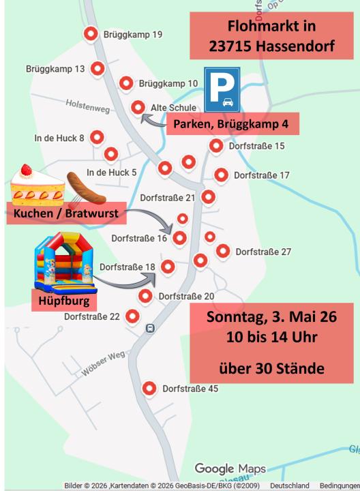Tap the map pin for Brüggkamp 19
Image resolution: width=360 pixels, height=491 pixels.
pyautogui.click(x=89, y=34)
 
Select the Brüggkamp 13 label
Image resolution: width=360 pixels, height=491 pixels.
pyautogui.click(x=55, y=69)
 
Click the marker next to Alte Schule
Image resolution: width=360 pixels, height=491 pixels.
pyautogui.click(x=138, y=107)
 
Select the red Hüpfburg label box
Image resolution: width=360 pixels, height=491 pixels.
pyautogui.click(x=64, y=300)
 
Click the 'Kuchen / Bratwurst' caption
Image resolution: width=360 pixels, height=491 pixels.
pyautogui.click(x=65, y=215)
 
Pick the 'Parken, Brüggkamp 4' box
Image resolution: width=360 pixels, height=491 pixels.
pyautogui.click(x=231, y=124)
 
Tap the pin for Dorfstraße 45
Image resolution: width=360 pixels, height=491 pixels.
pyautogui.click(x=149, y=389)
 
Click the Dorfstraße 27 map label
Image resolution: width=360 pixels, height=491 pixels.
pyautogui.click(x=263, y=252)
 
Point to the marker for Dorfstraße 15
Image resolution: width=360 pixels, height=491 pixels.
pyautogui.click(x=216, y=145)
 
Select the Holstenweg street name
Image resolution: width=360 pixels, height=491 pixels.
pyautogui.click(x=87, y=104)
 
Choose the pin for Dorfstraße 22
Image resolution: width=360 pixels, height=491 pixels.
pyautogui.click(x=132, y=316)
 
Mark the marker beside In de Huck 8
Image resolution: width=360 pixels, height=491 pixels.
pyautogui.click(x=97, y=137)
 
